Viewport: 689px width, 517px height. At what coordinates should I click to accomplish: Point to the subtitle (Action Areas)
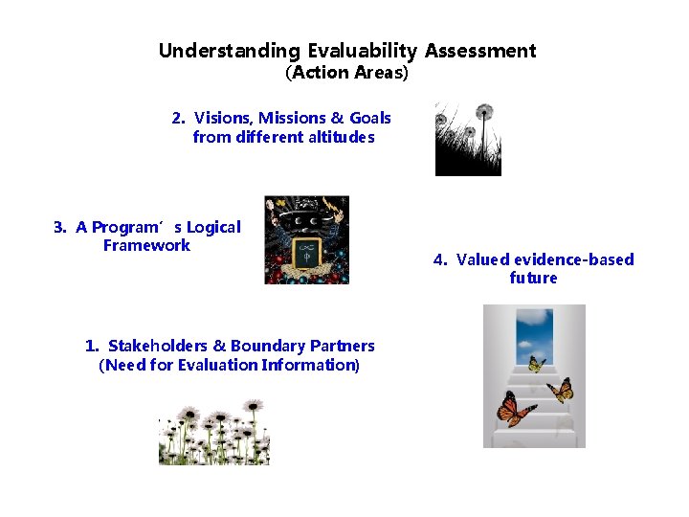(346, 73)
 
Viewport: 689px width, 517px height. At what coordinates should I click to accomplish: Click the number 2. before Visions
(179, 118)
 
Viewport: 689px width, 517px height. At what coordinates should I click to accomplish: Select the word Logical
(213, 227)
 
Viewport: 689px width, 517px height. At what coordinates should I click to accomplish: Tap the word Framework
(146, 245)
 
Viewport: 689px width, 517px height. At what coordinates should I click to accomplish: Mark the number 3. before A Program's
(60, 227)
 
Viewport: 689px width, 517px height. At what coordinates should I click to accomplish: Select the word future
(533, 278)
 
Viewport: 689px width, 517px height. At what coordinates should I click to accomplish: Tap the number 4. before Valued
(440, 259)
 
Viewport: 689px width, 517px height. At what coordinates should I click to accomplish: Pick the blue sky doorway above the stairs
(534, 330)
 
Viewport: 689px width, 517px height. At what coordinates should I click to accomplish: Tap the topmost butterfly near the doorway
(536, 364)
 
